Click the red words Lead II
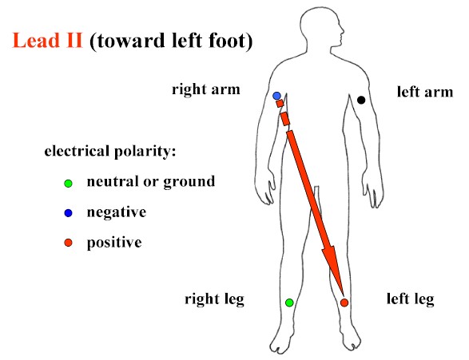click(x=47, y=41)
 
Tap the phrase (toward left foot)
click(x=171, y=41)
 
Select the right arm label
click(x=206, y=89)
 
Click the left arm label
click(x=425, y=92)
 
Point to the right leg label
click(x=214, y=299)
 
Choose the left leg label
click(x=410, y=299)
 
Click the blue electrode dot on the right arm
click(x=276, y=96)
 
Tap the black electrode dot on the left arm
click(x=361, y=100)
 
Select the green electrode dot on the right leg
click(x=289, y=303)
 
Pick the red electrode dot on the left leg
click(x=344, y=303)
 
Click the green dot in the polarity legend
click(x=69, y=183)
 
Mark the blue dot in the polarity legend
click(x=69, y=213)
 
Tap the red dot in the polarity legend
click(x=69, y=243)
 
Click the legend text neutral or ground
click(x=151, y=182)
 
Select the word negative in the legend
click(x=117, y=212)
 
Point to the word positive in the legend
click(x=114, y=243)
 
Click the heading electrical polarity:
click(x=109, y=151)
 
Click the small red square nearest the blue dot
click(x=280, y=104)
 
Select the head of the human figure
click(x=321, y=29)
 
